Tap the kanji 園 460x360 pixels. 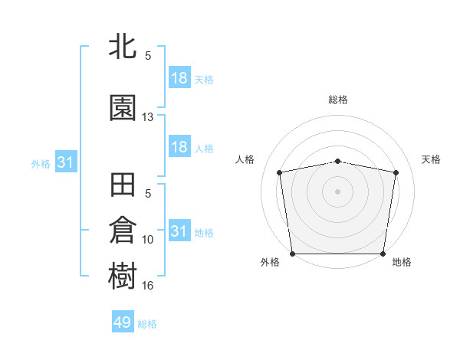tap(123, 108)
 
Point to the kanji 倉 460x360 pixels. tap(123, 231)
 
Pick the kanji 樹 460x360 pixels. tap(123, 277)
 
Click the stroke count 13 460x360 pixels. tap(148, 117)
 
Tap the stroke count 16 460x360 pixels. tap(148, 286)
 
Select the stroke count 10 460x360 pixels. tap(148, 240)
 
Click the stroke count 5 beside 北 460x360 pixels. tap(148, 56)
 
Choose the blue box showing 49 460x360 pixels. tap(123, 322)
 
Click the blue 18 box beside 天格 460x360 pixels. tap(179, 78)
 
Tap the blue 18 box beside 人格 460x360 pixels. tap(179, 147)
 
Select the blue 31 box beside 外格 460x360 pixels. tap(65, 163)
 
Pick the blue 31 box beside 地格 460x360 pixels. tap(179, 231)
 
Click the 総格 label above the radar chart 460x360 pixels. tap(338, 100)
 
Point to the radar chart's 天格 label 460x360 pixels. tap(432, 159)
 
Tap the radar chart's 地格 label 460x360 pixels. tap(402, 262)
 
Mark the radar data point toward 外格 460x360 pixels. tap(292, 254)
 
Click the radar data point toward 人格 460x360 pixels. tap(280, 172)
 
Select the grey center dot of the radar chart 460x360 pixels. tap(338, 191)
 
